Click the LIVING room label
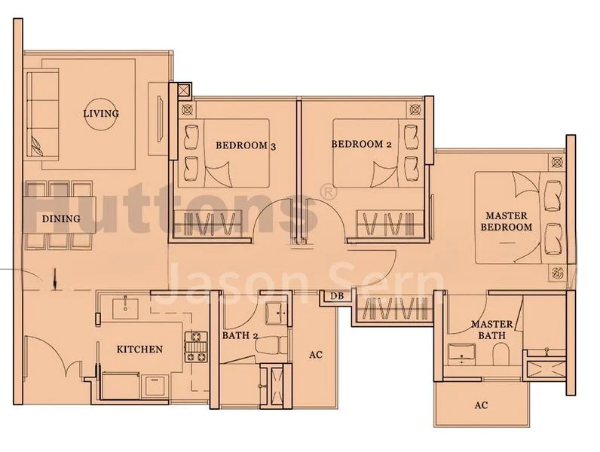[x=101, y=113]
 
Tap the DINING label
[x=61, y=218]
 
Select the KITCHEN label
[x=139, y=349]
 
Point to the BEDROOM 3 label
[x=246, y=145]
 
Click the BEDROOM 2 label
[x=361, y=144]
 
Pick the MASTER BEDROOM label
[x=507, y=221]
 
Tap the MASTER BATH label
[x=492, y=330]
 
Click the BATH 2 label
[x=240, y=336]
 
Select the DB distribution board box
[x=337, y=296]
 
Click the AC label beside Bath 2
[x=316, y=355]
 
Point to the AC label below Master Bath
[x=481, y=405]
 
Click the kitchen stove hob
[x=196, y=347]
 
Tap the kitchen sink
[x=125, y=308]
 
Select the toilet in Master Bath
[x=501, y=355]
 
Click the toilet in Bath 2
[x=271, y=345]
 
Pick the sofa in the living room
[x=42, y=113]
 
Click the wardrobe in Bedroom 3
[x=208, y=223]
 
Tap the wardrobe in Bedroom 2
[x=390, y=223]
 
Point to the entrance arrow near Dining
[x=56, y=279]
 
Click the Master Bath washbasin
[x=461, y=352]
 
